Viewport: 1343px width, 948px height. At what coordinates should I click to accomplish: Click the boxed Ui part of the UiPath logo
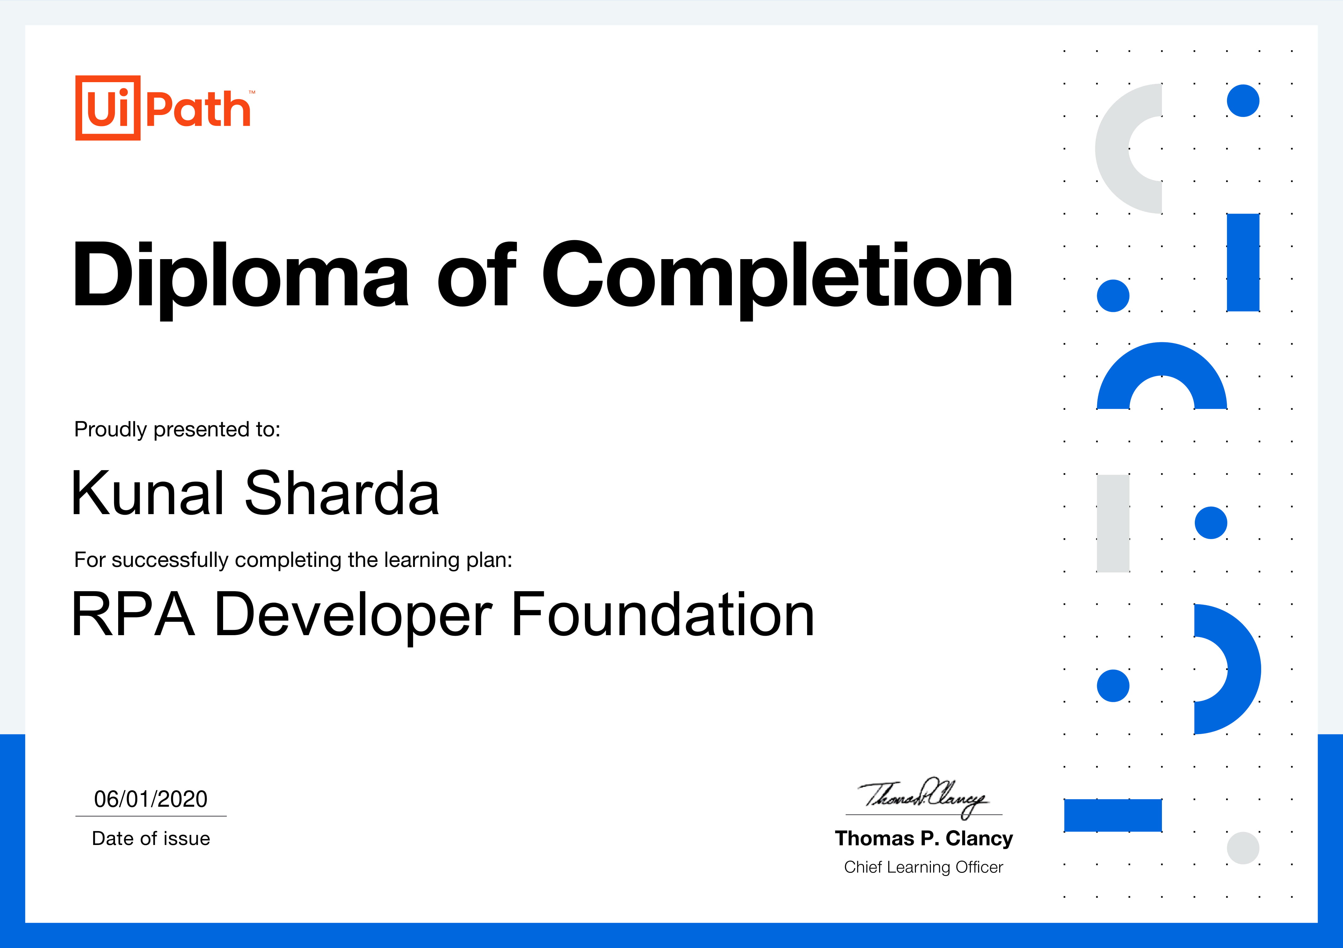(x=108, y=108)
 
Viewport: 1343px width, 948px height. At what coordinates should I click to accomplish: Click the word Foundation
(x=663, y=614)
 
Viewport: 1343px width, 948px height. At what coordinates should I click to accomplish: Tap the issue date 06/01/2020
(x=151, y=799)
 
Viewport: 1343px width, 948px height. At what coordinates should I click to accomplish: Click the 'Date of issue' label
(x=151, y=839)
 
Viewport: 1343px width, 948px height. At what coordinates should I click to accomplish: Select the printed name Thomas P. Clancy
(x=924, y=839)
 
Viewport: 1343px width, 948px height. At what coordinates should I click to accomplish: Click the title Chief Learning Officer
(x=924, y=867)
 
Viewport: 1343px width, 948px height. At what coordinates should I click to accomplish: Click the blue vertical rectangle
(x=1243, y=263)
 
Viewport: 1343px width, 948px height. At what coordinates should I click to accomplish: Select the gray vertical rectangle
(x=1113, y=523)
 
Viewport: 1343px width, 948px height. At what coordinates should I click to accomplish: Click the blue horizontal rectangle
(x=1113, y=815)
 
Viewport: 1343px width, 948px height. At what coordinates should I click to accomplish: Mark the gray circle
(x=1243, y=848)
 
